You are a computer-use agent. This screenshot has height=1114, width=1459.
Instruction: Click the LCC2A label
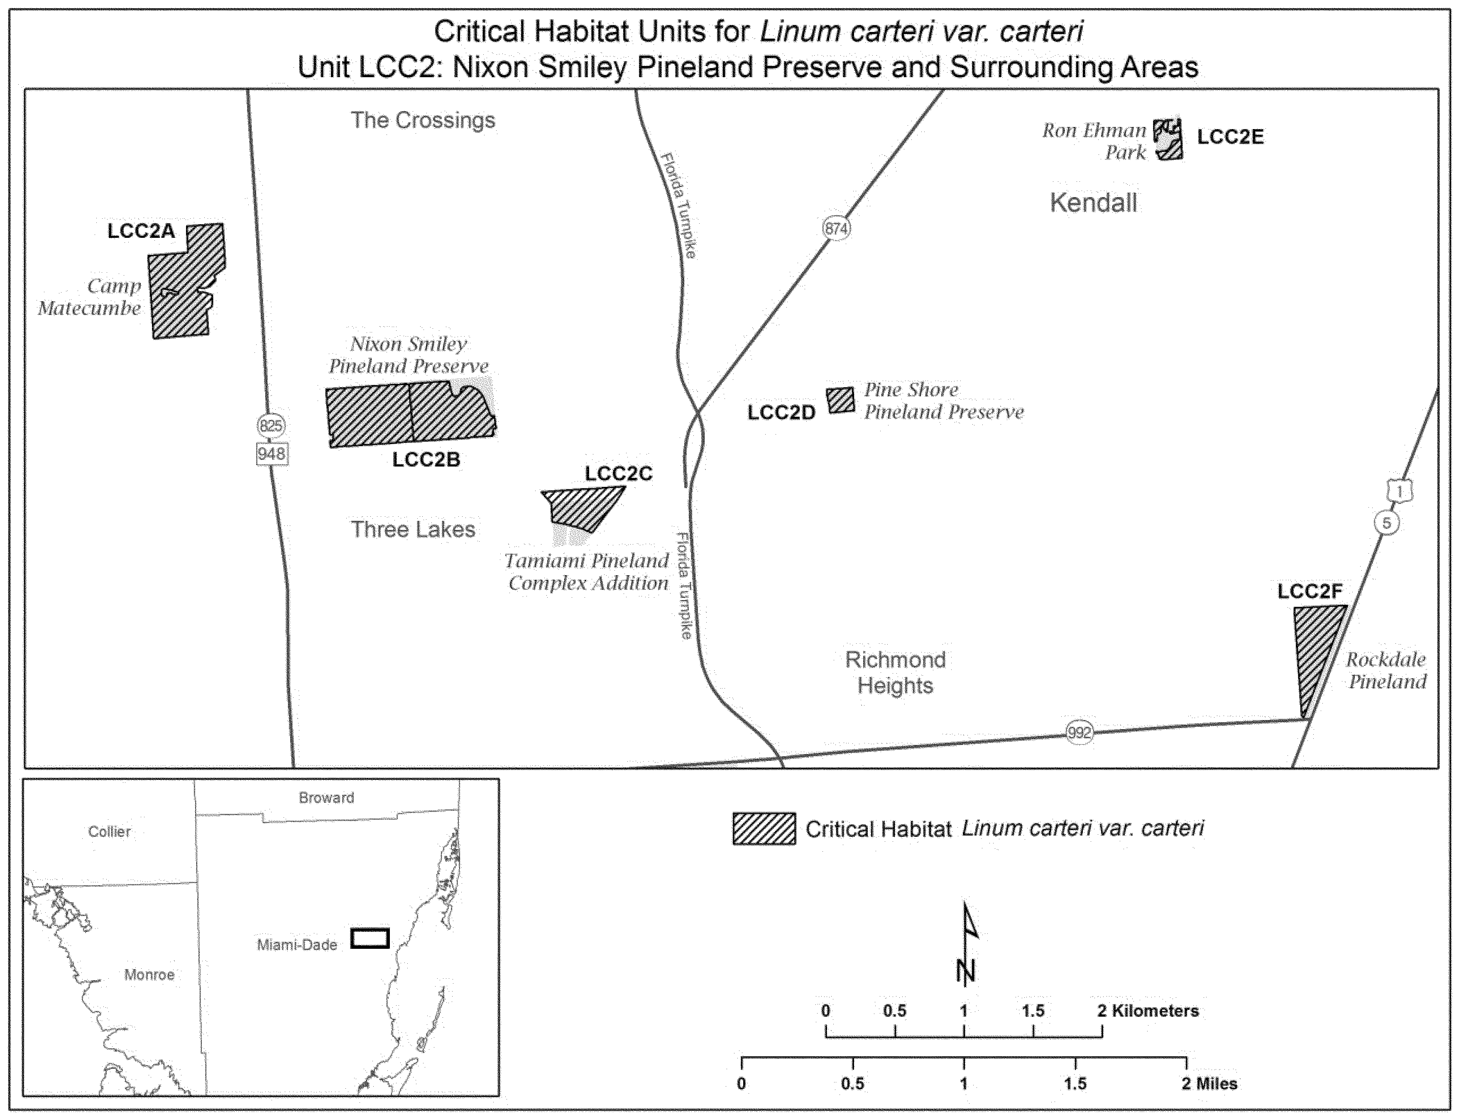point(141,231)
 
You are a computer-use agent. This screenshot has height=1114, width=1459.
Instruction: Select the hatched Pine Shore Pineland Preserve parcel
point(841,401)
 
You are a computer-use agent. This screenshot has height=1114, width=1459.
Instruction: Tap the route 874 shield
point(836,229)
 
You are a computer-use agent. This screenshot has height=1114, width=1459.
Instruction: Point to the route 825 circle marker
point(271,425)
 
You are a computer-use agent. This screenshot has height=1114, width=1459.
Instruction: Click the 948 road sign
point(271,454)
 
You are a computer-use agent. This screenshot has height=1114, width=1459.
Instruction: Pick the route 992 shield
point(1079,733)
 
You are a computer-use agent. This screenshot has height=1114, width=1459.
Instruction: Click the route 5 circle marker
point(1386,523)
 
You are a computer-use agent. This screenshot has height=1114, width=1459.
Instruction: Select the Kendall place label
point(1093,202)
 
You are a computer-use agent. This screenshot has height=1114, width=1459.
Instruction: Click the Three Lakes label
point(413,529)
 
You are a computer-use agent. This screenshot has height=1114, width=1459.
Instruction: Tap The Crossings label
point(422,120)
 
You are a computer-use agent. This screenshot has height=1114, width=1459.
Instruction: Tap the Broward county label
point(326,798)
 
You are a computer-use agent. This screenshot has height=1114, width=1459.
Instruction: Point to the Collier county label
point(110,831)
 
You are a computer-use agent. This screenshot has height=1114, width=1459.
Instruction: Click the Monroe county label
point(149,975)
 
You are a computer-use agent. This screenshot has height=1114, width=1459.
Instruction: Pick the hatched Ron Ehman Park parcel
point(1168,139)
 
